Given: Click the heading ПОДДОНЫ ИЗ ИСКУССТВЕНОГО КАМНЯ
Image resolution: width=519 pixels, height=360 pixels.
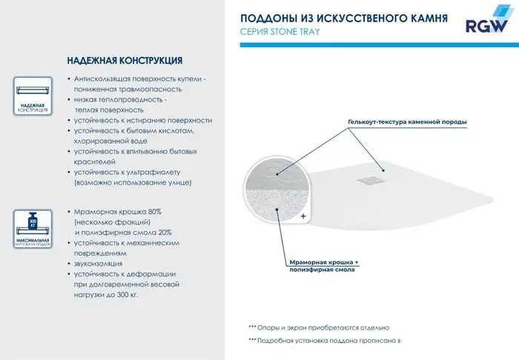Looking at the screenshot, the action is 345,16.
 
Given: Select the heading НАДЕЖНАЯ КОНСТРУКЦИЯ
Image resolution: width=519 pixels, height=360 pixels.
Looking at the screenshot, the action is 125,60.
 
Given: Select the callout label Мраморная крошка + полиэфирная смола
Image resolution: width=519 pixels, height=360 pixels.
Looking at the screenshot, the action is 323,266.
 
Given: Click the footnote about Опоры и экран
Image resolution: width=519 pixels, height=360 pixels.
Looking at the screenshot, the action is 318,327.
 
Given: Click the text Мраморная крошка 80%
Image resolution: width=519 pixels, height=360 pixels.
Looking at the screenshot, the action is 112,211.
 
